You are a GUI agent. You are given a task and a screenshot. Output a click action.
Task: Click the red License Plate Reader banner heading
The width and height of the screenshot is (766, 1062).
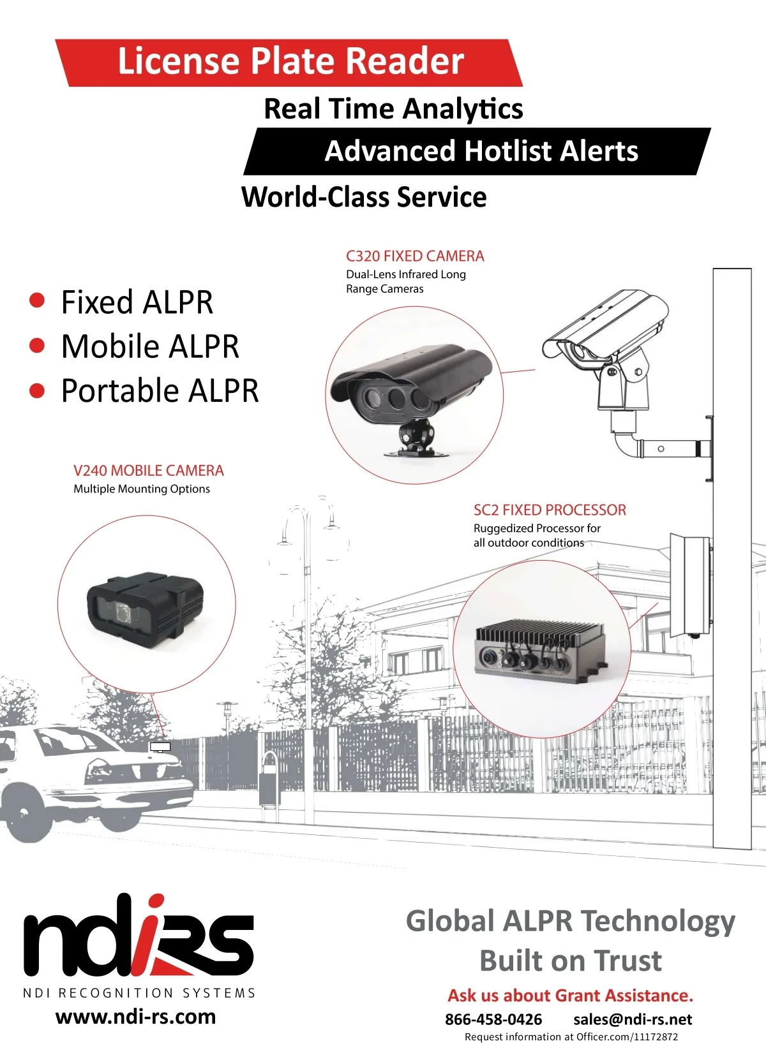(290, 62)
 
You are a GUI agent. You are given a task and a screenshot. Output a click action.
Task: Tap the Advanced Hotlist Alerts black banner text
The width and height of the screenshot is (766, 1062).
(481, 152)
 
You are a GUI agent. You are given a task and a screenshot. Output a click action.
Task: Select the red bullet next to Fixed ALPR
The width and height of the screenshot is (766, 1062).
(38, 300)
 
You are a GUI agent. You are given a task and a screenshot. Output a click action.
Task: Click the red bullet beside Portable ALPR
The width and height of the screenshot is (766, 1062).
(38, 390)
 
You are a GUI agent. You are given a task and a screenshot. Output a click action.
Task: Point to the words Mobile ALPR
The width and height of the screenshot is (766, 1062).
(150, 347)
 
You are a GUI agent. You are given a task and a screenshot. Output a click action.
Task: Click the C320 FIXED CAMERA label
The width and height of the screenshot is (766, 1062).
(415, 256)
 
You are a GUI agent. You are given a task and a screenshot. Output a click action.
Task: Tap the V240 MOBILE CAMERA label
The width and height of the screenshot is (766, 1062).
(149, 471)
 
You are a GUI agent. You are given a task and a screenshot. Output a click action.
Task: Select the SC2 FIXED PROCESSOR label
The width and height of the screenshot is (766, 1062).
(550, 510)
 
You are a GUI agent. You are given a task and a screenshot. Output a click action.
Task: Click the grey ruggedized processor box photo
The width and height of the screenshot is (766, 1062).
(540, 650)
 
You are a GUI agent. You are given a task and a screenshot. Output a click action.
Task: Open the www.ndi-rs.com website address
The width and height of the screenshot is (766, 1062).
(135, 1017)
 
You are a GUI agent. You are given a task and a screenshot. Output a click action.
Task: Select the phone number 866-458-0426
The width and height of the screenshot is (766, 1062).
(493, 1019)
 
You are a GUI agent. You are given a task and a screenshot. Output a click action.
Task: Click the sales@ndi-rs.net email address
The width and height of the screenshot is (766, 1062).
(633, 1019)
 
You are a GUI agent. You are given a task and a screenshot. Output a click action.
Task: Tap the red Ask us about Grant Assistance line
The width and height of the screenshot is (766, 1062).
(570, 996)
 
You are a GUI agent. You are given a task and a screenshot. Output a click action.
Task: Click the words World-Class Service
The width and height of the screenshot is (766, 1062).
(364, 197)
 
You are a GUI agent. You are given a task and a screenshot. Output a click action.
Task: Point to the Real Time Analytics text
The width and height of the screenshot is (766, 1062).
(393, 108)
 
